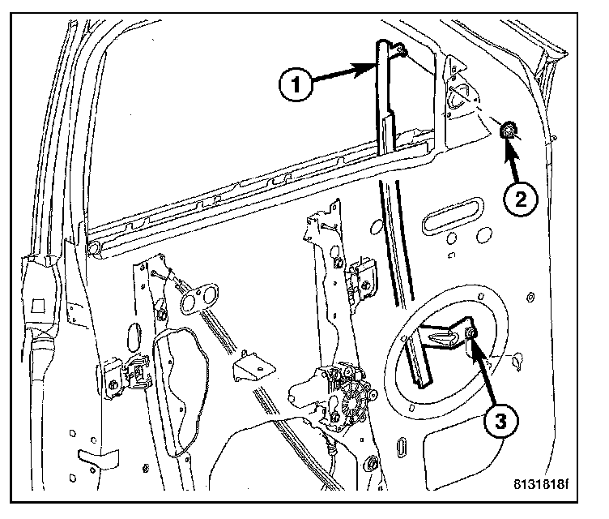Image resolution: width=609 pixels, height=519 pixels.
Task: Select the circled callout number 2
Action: point(518,197)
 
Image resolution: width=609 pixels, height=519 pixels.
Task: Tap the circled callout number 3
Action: point(501,421)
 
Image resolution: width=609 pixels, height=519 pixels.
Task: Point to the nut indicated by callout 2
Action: point(509,130)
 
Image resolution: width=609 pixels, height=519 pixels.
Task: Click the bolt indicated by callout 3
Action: point(471,335)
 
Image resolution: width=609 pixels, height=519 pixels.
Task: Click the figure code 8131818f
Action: point(540,487)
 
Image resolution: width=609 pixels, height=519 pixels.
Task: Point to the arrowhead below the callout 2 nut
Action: point(511,147)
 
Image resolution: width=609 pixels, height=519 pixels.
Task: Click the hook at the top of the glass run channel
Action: point(398,52)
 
